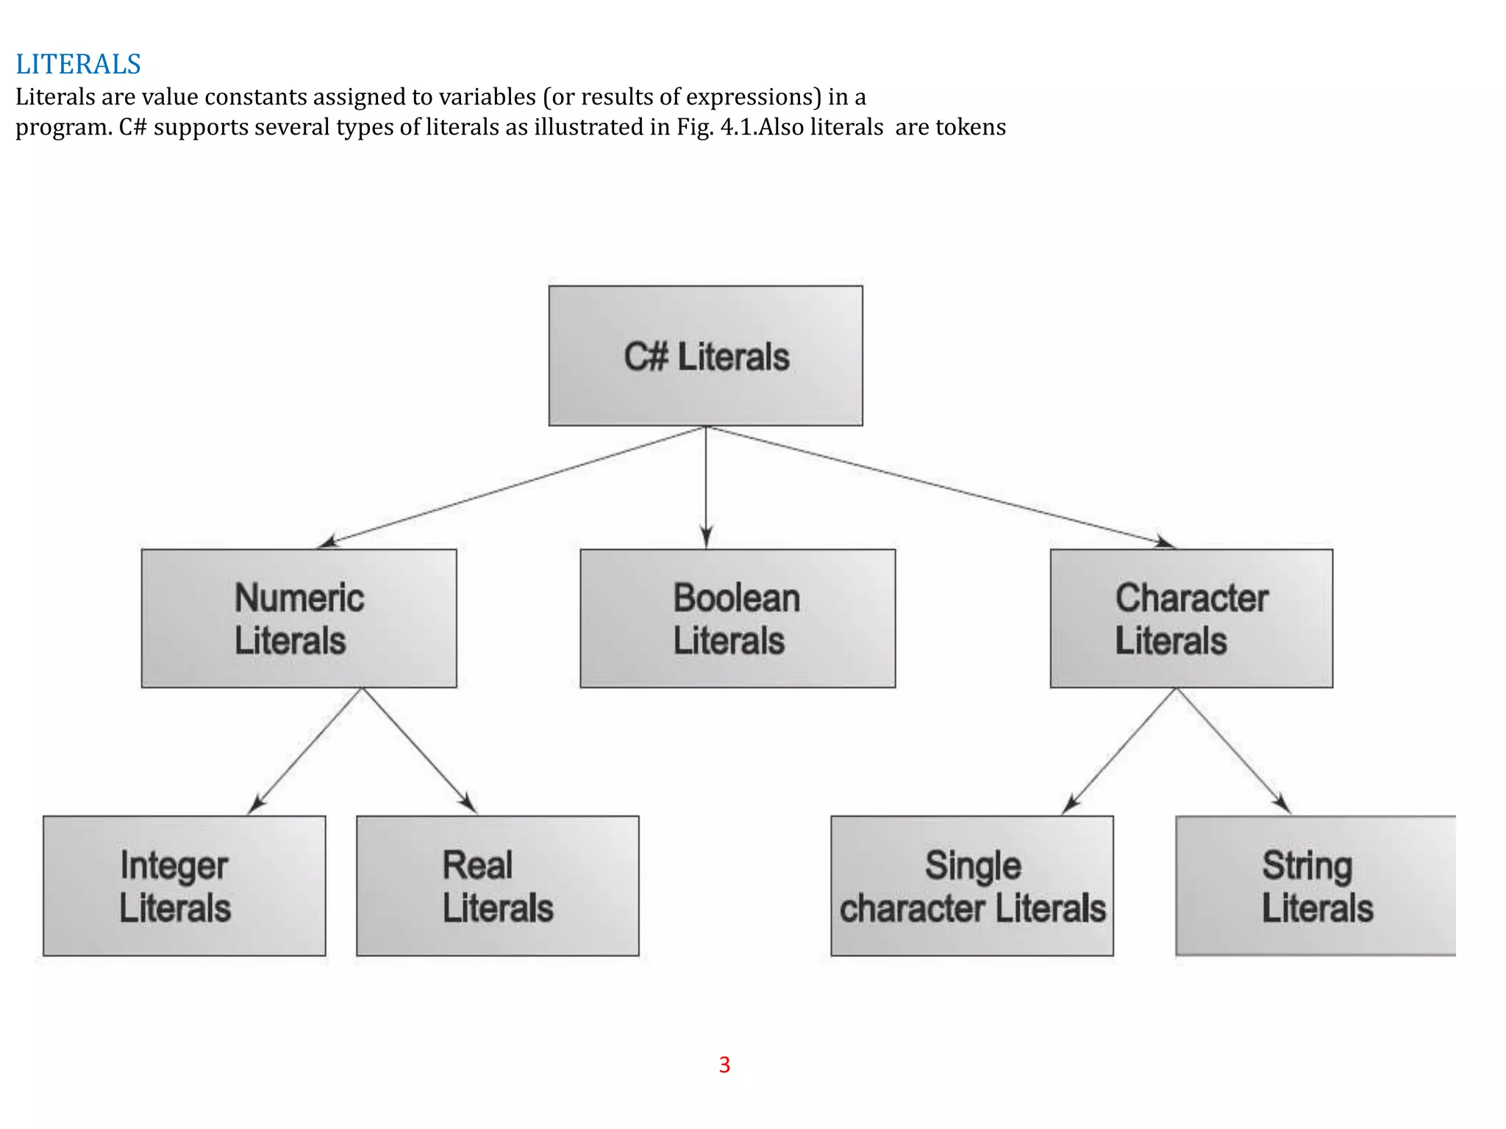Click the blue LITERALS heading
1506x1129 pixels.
pos(78,65)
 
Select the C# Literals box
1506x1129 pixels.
pos(705,356)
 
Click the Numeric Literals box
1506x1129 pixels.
pos(299,618)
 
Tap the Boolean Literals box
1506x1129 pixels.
pos(737,618)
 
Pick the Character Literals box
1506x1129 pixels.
pos(1191,618)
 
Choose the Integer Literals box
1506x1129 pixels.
pos(184,886)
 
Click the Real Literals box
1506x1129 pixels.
pos(497,886)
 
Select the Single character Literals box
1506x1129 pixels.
pos(971,886)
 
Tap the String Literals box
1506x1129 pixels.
pos(1315,886)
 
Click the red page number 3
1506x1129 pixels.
pos(724,1064)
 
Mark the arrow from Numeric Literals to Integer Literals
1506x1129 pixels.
pos(306,750)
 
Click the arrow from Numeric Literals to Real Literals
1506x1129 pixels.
pos(419,750)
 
